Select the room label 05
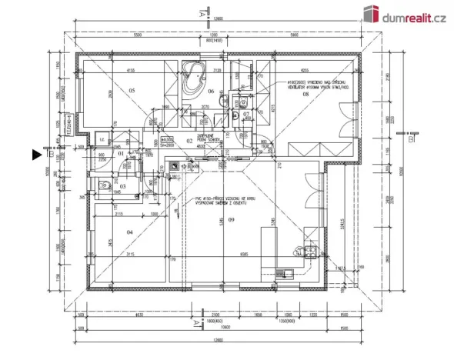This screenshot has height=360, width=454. [132, 91]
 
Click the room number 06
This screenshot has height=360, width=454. [210, 91]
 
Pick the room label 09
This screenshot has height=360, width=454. [231, 222]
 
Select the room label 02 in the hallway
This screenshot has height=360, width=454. [189, 142]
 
